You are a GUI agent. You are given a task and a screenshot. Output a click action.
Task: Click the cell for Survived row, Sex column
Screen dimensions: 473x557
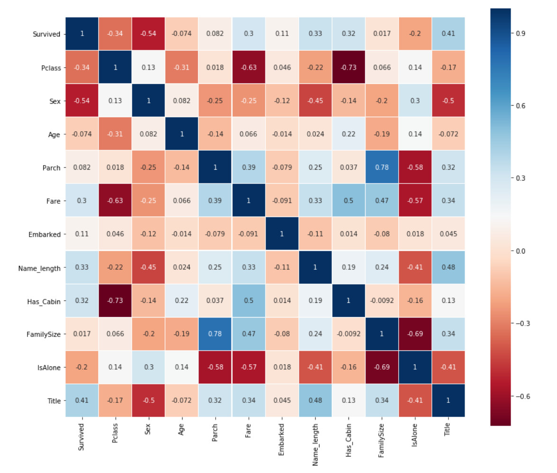tap(148, 34)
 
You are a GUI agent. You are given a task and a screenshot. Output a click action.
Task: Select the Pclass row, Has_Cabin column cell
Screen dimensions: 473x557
tap(348, 67)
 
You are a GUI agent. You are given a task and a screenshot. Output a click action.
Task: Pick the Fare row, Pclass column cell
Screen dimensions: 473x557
tap(115, 201)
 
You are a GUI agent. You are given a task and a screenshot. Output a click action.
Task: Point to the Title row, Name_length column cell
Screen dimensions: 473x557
tap(315, 401)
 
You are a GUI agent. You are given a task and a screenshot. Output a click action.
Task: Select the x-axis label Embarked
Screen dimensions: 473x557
tap(282, 442)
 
